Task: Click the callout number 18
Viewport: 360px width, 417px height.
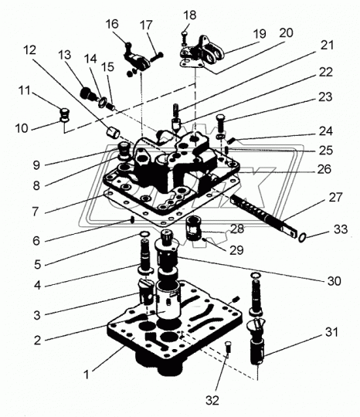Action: (190, 15)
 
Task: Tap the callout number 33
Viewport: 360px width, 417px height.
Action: (341, 229)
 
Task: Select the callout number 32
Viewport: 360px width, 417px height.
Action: (212, 400)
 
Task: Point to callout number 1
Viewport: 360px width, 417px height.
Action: (86, 375)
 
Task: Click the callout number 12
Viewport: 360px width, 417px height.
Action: (29, 49)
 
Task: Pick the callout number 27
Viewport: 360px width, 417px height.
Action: (335, 198)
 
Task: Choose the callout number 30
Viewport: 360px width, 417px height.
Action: (335, 281)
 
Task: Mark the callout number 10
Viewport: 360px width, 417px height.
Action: (22, 128)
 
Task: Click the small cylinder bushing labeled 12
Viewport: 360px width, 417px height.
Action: (114, 132)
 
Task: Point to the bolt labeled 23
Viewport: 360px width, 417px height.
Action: (221, 123)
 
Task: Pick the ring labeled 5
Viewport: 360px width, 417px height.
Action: (144, 234)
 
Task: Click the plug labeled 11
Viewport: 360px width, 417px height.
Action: (64, 113)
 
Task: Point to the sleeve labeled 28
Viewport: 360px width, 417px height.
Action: (192, 228)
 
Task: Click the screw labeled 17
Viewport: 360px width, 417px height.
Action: (157, 57)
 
